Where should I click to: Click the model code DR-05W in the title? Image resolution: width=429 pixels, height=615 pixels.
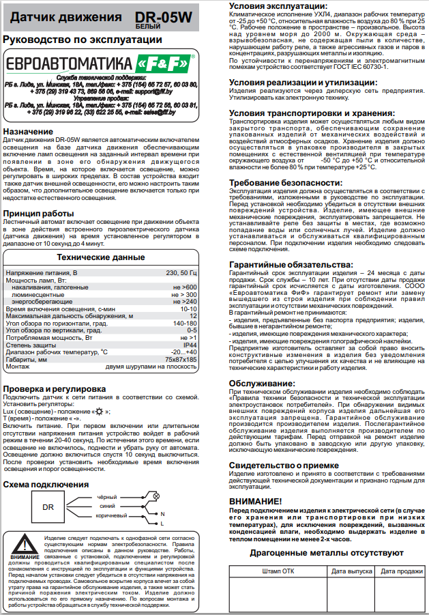coord(162,14)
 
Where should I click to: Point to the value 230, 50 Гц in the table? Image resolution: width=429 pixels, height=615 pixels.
coord(181,272)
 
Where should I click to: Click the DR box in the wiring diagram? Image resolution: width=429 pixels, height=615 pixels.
coord(48,507)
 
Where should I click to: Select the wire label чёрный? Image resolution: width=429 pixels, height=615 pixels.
coord(107,496)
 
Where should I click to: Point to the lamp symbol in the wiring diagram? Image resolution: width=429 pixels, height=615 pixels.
coord(156,496)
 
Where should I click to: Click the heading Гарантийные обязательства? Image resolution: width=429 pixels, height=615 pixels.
coord(291,264)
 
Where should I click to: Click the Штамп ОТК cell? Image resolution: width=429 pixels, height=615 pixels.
coord(278,570)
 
